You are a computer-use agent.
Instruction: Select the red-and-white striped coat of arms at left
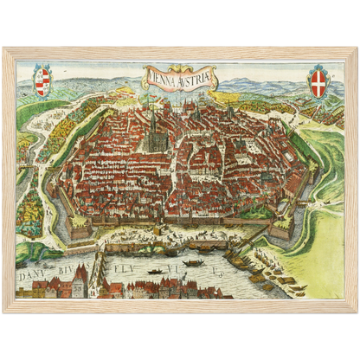[42, 82]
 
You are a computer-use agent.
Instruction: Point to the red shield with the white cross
[319, 82]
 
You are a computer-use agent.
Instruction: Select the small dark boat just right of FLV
[156, 271]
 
